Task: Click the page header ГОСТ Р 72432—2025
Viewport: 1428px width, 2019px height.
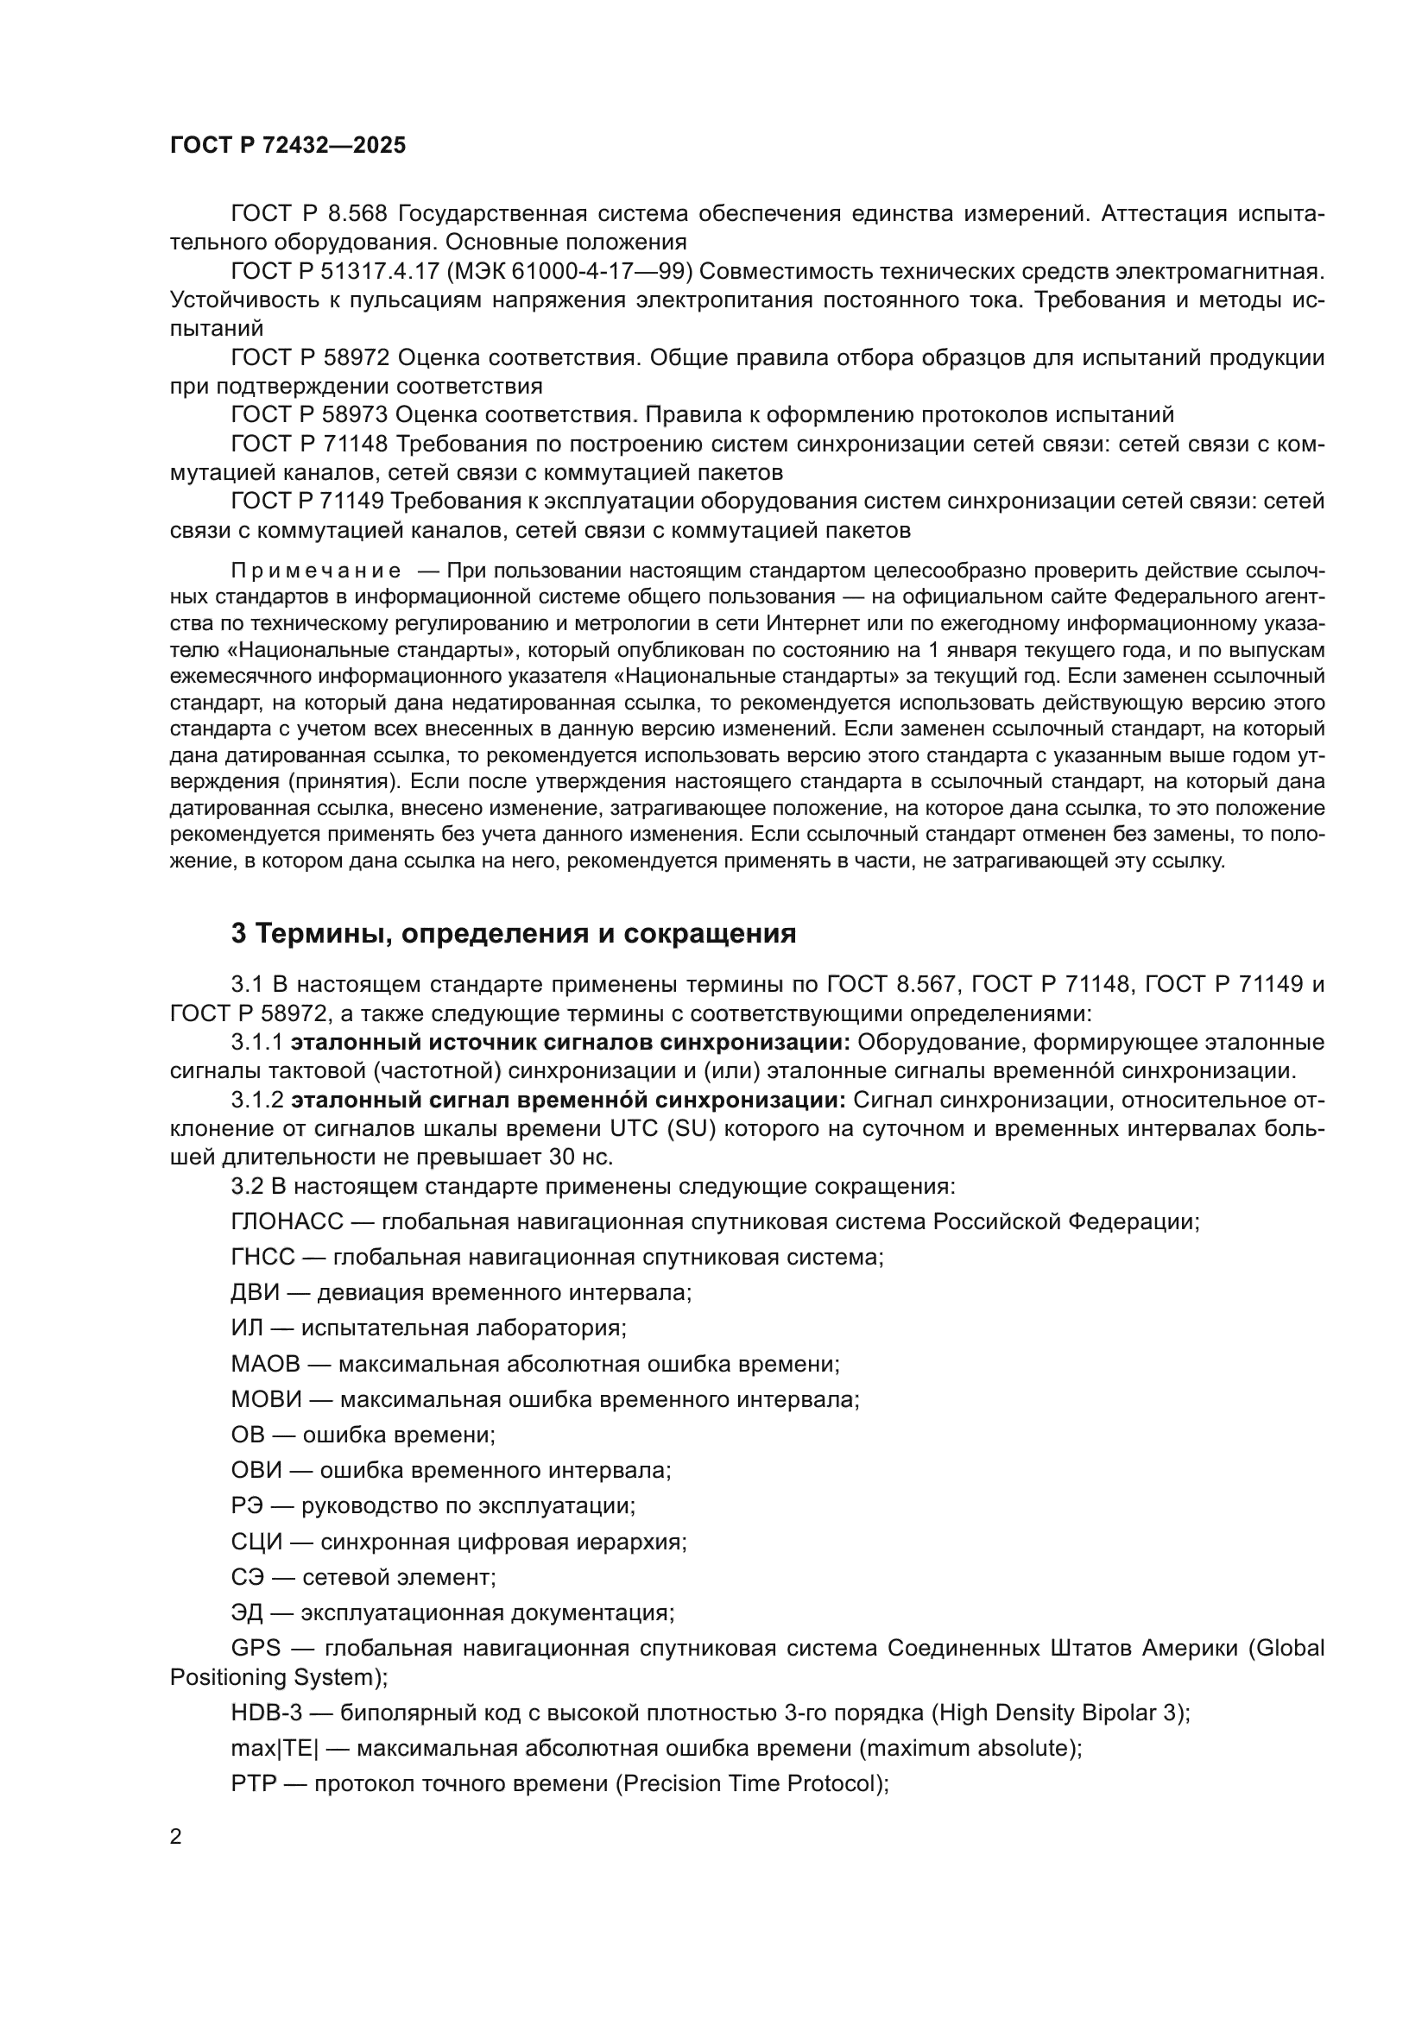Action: pos(287,146)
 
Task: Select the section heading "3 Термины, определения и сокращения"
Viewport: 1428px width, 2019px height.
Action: pos(514,934)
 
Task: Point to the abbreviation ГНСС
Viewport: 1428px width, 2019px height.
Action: pos(263,1257)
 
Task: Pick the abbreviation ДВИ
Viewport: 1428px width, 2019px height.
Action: pos(255,1293)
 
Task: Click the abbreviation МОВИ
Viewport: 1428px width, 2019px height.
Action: pos(267,1399)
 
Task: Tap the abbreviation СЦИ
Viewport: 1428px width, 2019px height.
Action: pos(256,1542)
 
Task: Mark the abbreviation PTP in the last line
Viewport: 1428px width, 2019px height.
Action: pos(253,1783)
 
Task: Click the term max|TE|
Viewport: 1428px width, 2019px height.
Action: pos(275,1748)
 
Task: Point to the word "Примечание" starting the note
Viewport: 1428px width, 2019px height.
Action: pos(316,571)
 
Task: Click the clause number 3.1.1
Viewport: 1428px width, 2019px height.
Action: pos(256,1043)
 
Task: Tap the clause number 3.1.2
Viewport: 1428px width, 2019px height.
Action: pos(256,1100)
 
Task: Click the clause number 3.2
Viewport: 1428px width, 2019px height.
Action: pos(247,1186)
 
